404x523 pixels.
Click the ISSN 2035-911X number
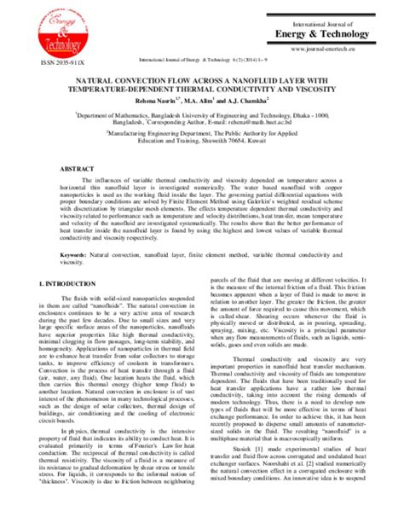pyautogui.click(x=47, y=62)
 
